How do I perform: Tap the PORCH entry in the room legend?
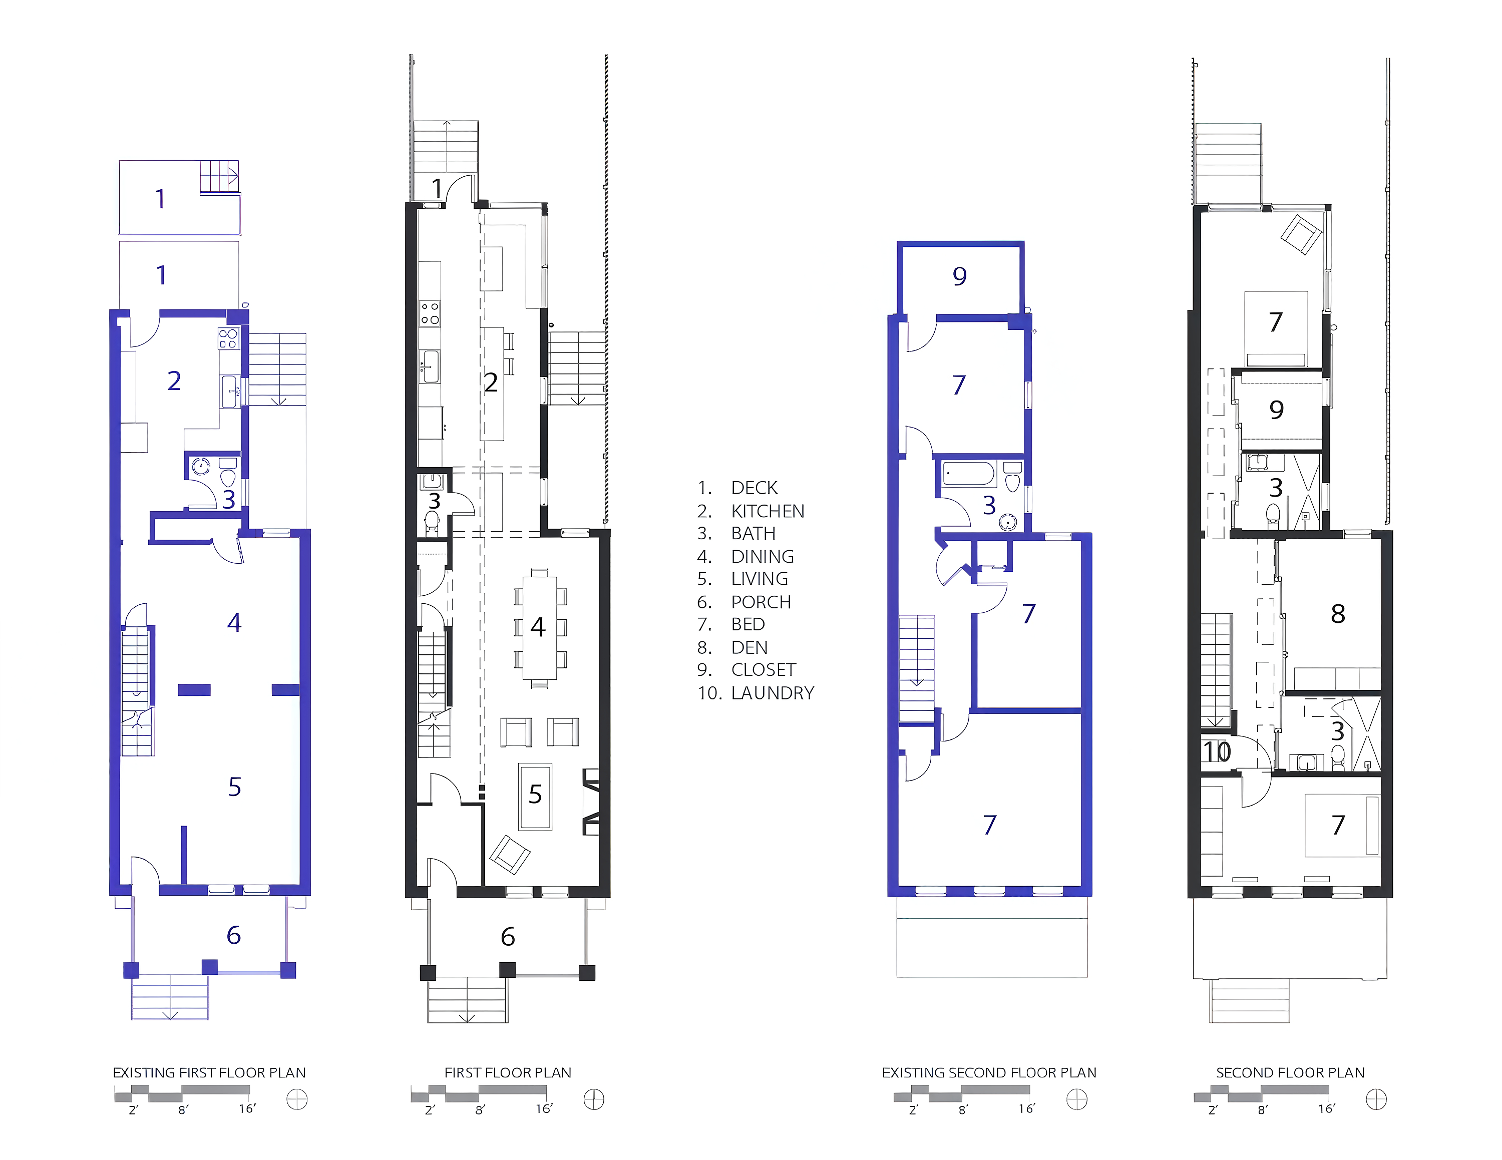(x=761, y=602)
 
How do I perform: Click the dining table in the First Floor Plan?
(x=539, y=627)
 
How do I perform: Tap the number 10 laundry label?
(x=1217, y=751)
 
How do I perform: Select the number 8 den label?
(x=1338, y=613)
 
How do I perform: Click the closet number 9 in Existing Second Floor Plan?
(x=959, y=276)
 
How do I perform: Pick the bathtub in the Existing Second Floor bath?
(x=968, y=474)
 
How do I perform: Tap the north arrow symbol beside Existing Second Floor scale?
(x=1076, y=1099)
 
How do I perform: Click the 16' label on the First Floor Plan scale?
(x=544, y=1109)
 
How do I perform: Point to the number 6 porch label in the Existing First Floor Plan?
(x=233, y=935)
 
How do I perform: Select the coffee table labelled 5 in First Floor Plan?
(x=535, y=796)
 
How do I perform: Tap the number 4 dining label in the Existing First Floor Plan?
(x=234, y=622)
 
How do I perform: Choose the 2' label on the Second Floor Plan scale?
(x=1213, y=1110)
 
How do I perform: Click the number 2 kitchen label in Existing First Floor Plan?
(x=174, y=380)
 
